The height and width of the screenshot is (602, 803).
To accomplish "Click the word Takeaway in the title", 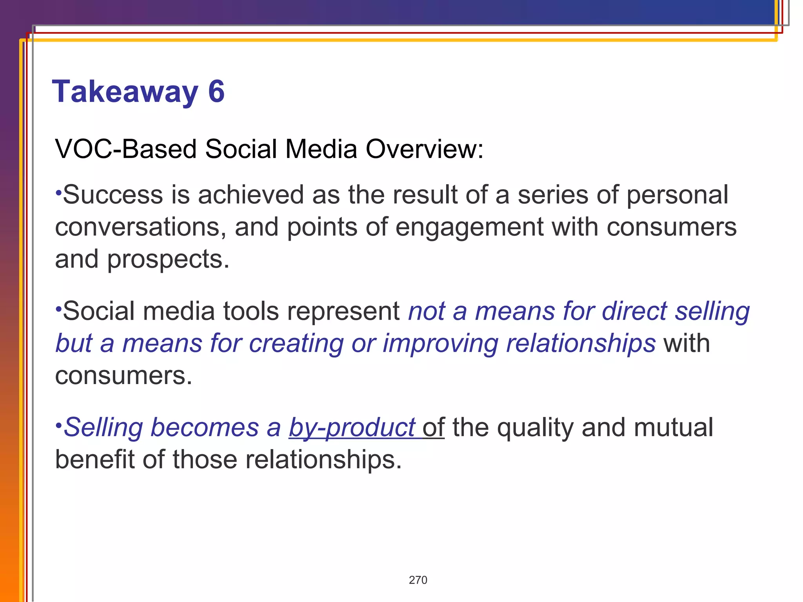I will pyautogui.click(x=125, y=92).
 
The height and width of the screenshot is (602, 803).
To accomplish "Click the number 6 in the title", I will pyautogui.click(x=216, y=91).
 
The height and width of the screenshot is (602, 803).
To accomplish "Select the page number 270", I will pyautogui.click(x=418, y=580).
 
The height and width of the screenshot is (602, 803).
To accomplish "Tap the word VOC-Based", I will pyautogui.click(x=125, y=149).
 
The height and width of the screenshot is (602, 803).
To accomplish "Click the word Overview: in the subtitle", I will pyautogui.click(x=425, y=149).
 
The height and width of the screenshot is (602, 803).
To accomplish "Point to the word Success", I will pyautogui.click(x=113, y=195).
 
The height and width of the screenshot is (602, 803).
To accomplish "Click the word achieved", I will pyautogui.click(x=251, y=195).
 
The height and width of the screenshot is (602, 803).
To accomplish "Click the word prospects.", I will pyautogui.click(x=168, y=259).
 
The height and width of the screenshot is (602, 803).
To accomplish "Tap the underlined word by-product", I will pyautogui.click(x=352, y=428).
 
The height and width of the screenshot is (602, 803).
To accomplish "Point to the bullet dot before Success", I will pyautogui.click(x=58, y=192).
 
